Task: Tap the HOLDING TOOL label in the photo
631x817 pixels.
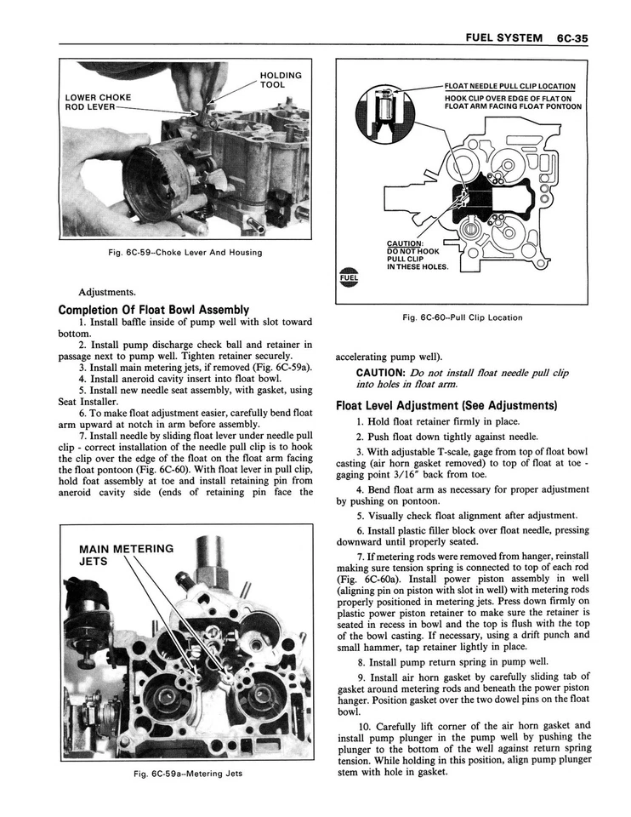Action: click(273, 80)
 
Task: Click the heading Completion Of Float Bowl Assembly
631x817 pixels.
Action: click(153, 310)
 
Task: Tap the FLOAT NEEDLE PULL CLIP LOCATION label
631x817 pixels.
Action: click(509, 86)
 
